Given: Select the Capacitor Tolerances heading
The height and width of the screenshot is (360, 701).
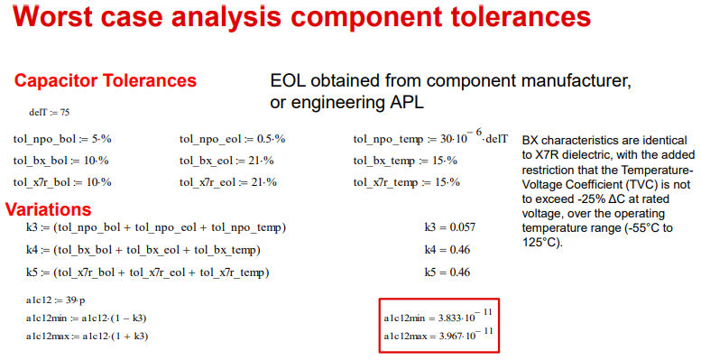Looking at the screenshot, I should coord(105,81).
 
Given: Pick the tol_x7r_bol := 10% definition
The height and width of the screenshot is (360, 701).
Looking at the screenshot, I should coord(62,181).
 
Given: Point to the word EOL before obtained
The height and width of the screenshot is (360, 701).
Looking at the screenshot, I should coord(291,81).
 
